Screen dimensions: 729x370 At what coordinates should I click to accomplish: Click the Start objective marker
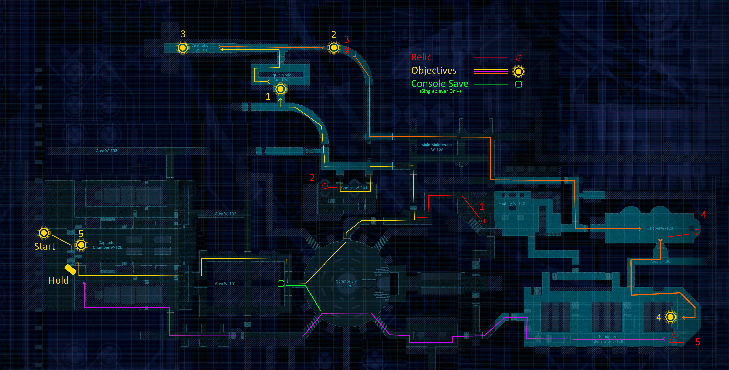point(44,233)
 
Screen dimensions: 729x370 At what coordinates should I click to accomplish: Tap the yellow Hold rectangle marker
point(70,270)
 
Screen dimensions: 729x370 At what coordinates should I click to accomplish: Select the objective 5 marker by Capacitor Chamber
point(81,245)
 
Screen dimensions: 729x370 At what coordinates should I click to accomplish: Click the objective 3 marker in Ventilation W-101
point(183,48)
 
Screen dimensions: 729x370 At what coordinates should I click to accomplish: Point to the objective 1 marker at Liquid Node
point(280,89)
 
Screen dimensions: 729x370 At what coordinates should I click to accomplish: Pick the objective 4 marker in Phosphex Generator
point(670,317)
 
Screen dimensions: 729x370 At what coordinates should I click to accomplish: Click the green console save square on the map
point(281,283)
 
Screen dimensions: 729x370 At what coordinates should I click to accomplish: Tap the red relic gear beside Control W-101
point(325,186)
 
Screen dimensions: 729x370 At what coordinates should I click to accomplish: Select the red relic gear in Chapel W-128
point(697,232)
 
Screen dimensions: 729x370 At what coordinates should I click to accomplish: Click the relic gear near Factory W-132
point(482,221)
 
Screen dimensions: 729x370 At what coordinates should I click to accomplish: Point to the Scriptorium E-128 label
point(347,283)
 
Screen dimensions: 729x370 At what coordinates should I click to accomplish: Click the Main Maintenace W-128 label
point(437,147)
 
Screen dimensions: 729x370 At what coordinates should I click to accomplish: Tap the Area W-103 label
point(106,151)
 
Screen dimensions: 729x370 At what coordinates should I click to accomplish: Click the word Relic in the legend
point(421,57)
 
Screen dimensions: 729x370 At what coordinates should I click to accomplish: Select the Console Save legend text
point(439,84)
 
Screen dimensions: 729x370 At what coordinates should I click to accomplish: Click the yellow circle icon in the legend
point(518,71)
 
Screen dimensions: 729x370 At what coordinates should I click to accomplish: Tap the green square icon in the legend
point(518,84)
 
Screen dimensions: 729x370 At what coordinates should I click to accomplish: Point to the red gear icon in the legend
point(518,58)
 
